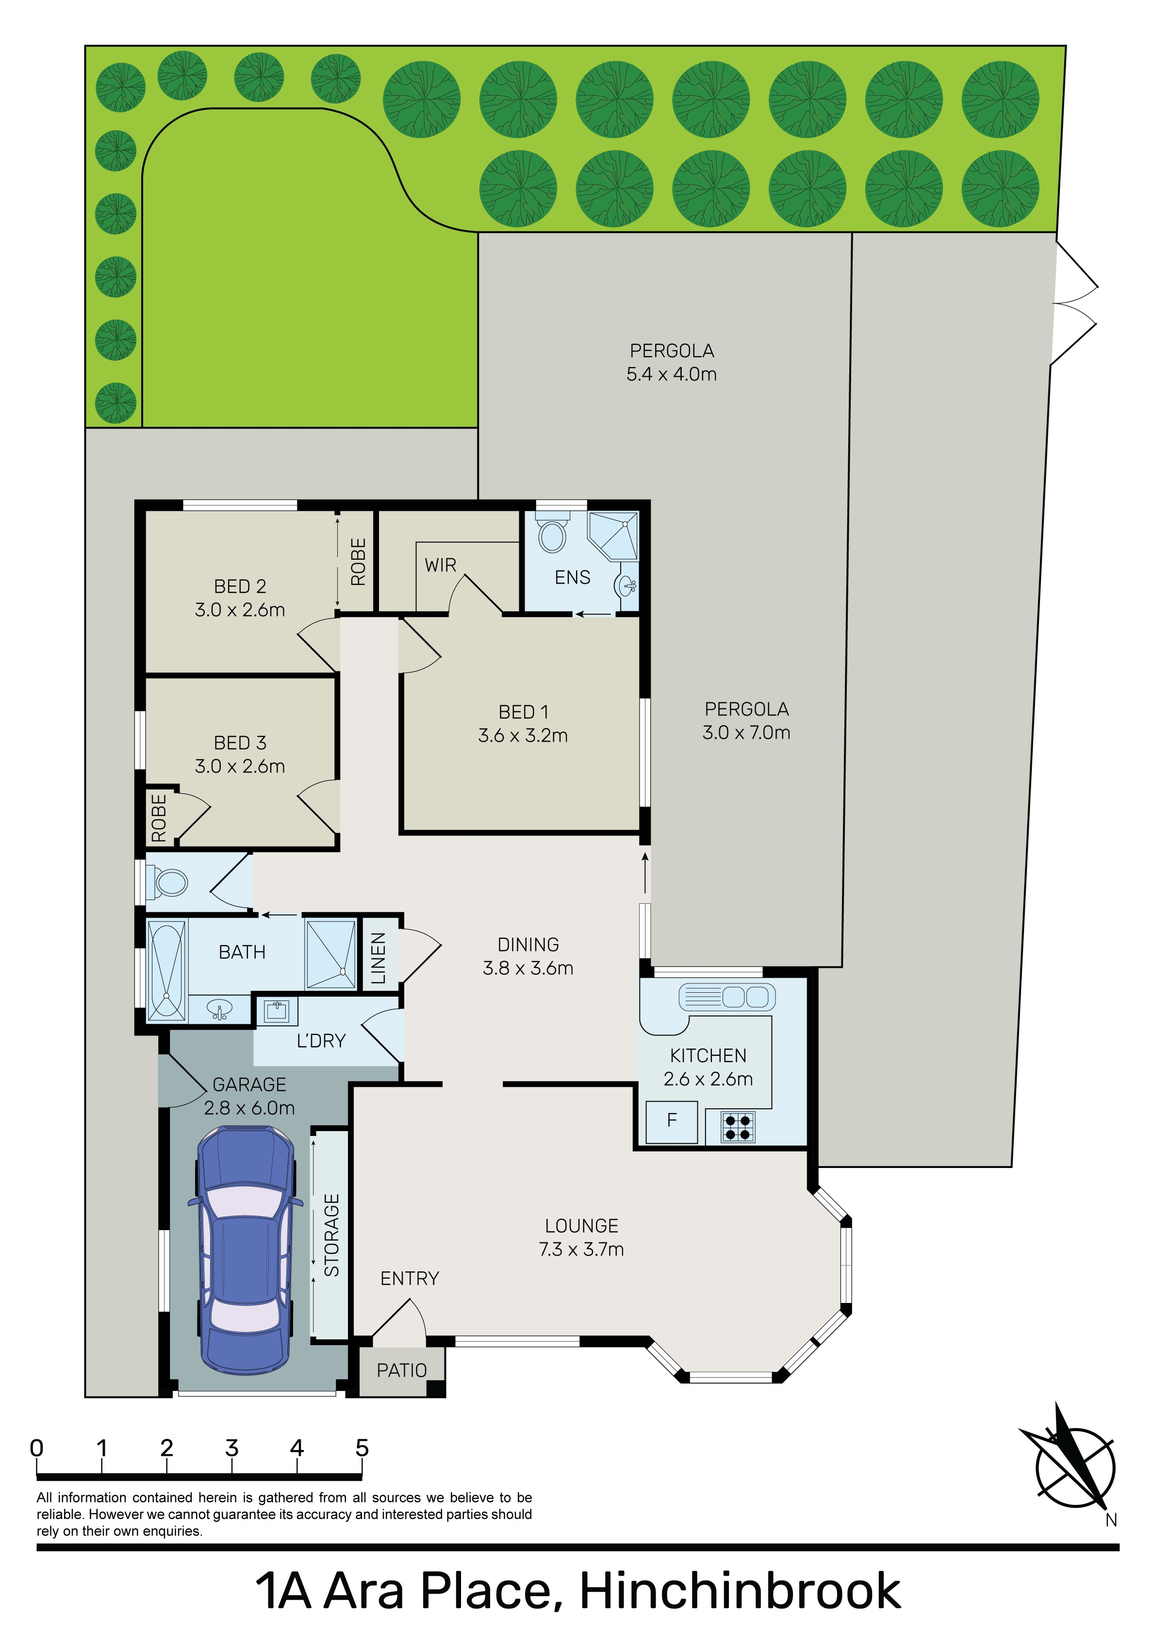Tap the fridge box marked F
(x=672, y=1121)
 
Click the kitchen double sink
(x=727, y=997)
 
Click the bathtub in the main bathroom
(x=166, y=970)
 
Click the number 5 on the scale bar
(x=362, y=1448)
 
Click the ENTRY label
(x=410, y=1278)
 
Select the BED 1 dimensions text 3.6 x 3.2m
(x=523, y=735)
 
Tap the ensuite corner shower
(x=612, y=535)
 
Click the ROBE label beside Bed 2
(x=358, y=562)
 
